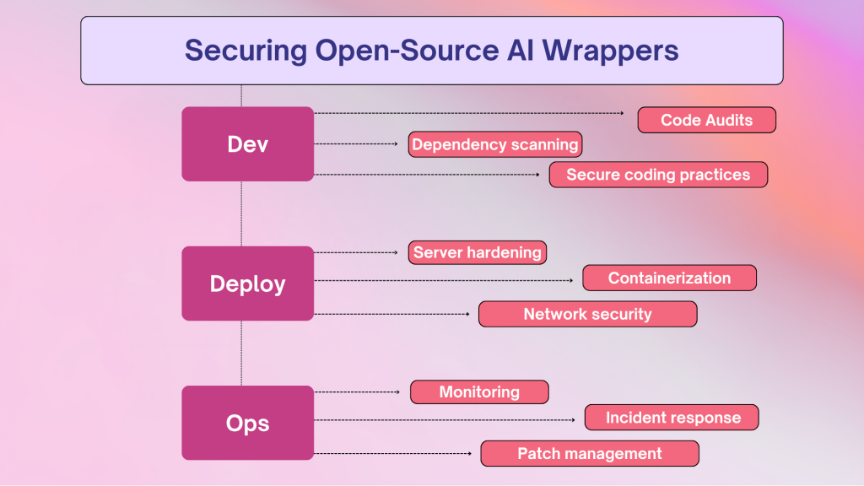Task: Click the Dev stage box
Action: click(247, 143)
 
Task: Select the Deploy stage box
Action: click(247, 283)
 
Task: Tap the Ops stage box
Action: click(247, 423)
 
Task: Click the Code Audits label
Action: click(706, 120)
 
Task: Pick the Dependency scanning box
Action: click(494, 144)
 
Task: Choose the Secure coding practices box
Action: click(658, 175)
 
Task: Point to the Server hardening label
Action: click(478, 252)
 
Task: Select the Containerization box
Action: click(669, 278)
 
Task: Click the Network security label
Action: click(587, 314)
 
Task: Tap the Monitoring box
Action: click(479, 391)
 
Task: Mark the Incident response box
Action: click(671, 417)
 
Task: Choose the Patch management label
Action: click(590, 453)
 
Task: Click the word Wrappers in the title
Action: click(611, 51)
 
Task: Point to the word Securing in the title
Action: click(246, 51)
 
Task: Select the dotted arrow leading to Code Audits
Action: click(469, 113)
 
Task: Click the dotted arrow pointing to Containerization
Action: click(444, 280)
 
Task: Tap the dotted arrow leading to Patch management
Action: click(393, 453)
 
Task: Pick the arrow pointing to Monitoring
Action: click(357, 391)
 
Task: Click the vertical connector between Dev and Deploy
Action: click(241, 213)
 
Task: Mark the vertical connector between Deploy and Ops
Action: click(241, 354)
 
